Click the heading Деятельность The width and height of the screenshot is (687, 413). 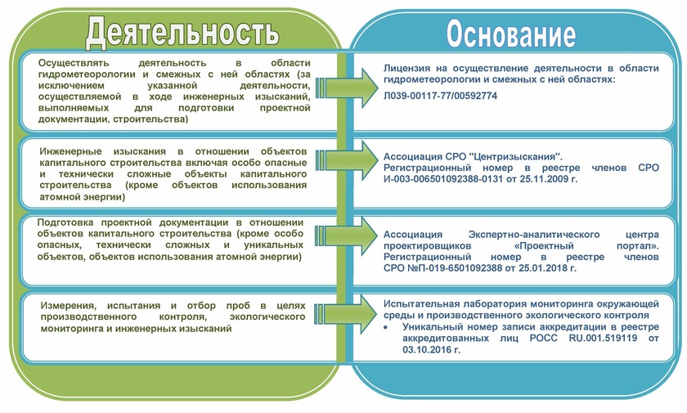[x=182, y=33]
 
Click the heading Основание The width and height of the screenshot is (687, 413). [x=510, y=34]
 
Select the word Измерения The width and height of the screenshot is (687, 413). [x=72, y=305]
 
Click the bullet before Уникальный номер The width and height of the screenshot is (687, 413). [x=387, y=326]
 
